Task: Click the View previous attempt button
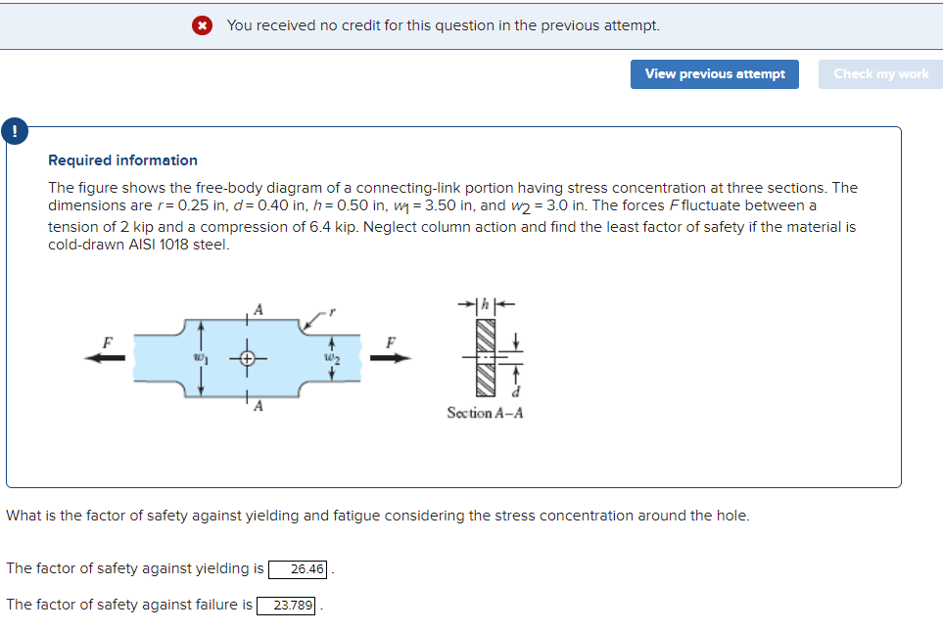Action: click(715, 74)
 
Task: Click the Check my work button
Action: click(880, 74)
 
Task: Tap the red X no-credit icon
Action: click(203, 25)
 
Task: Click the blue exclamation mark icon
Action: click(15, 129)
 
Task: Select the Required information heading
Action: click(122, 160)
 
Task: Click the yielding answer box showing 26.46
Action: click(299, 569)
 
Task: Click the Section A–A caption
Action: click(484, 413)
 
